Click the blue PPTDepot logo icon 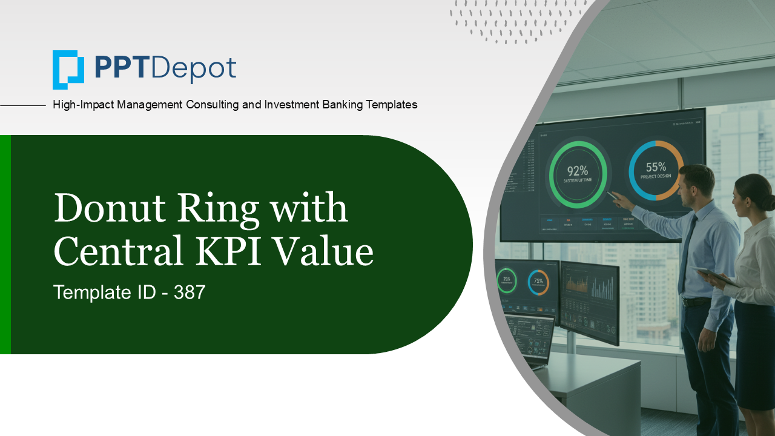pos(68,69)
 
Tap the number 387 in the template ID pos(190,292)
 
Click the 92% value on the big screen pos(578,170)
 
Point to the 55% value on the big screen pos(656,167)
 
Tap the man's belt pos(696,301)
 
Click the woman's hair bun pos(768,202)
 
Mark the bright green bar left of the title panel pos(5,244)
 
